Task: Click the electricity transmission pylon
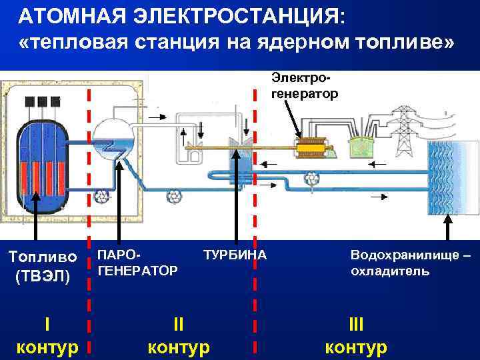403,129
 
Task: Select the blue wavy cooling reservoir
451,177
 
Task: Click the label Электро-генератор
305,87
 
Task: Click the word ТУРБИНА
234,255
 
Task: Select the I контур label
47,335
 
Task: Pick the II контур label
178,335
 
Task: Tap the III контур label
356,335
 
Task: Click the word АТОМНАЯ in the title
69,15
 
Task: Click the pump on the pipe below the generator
311,179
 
